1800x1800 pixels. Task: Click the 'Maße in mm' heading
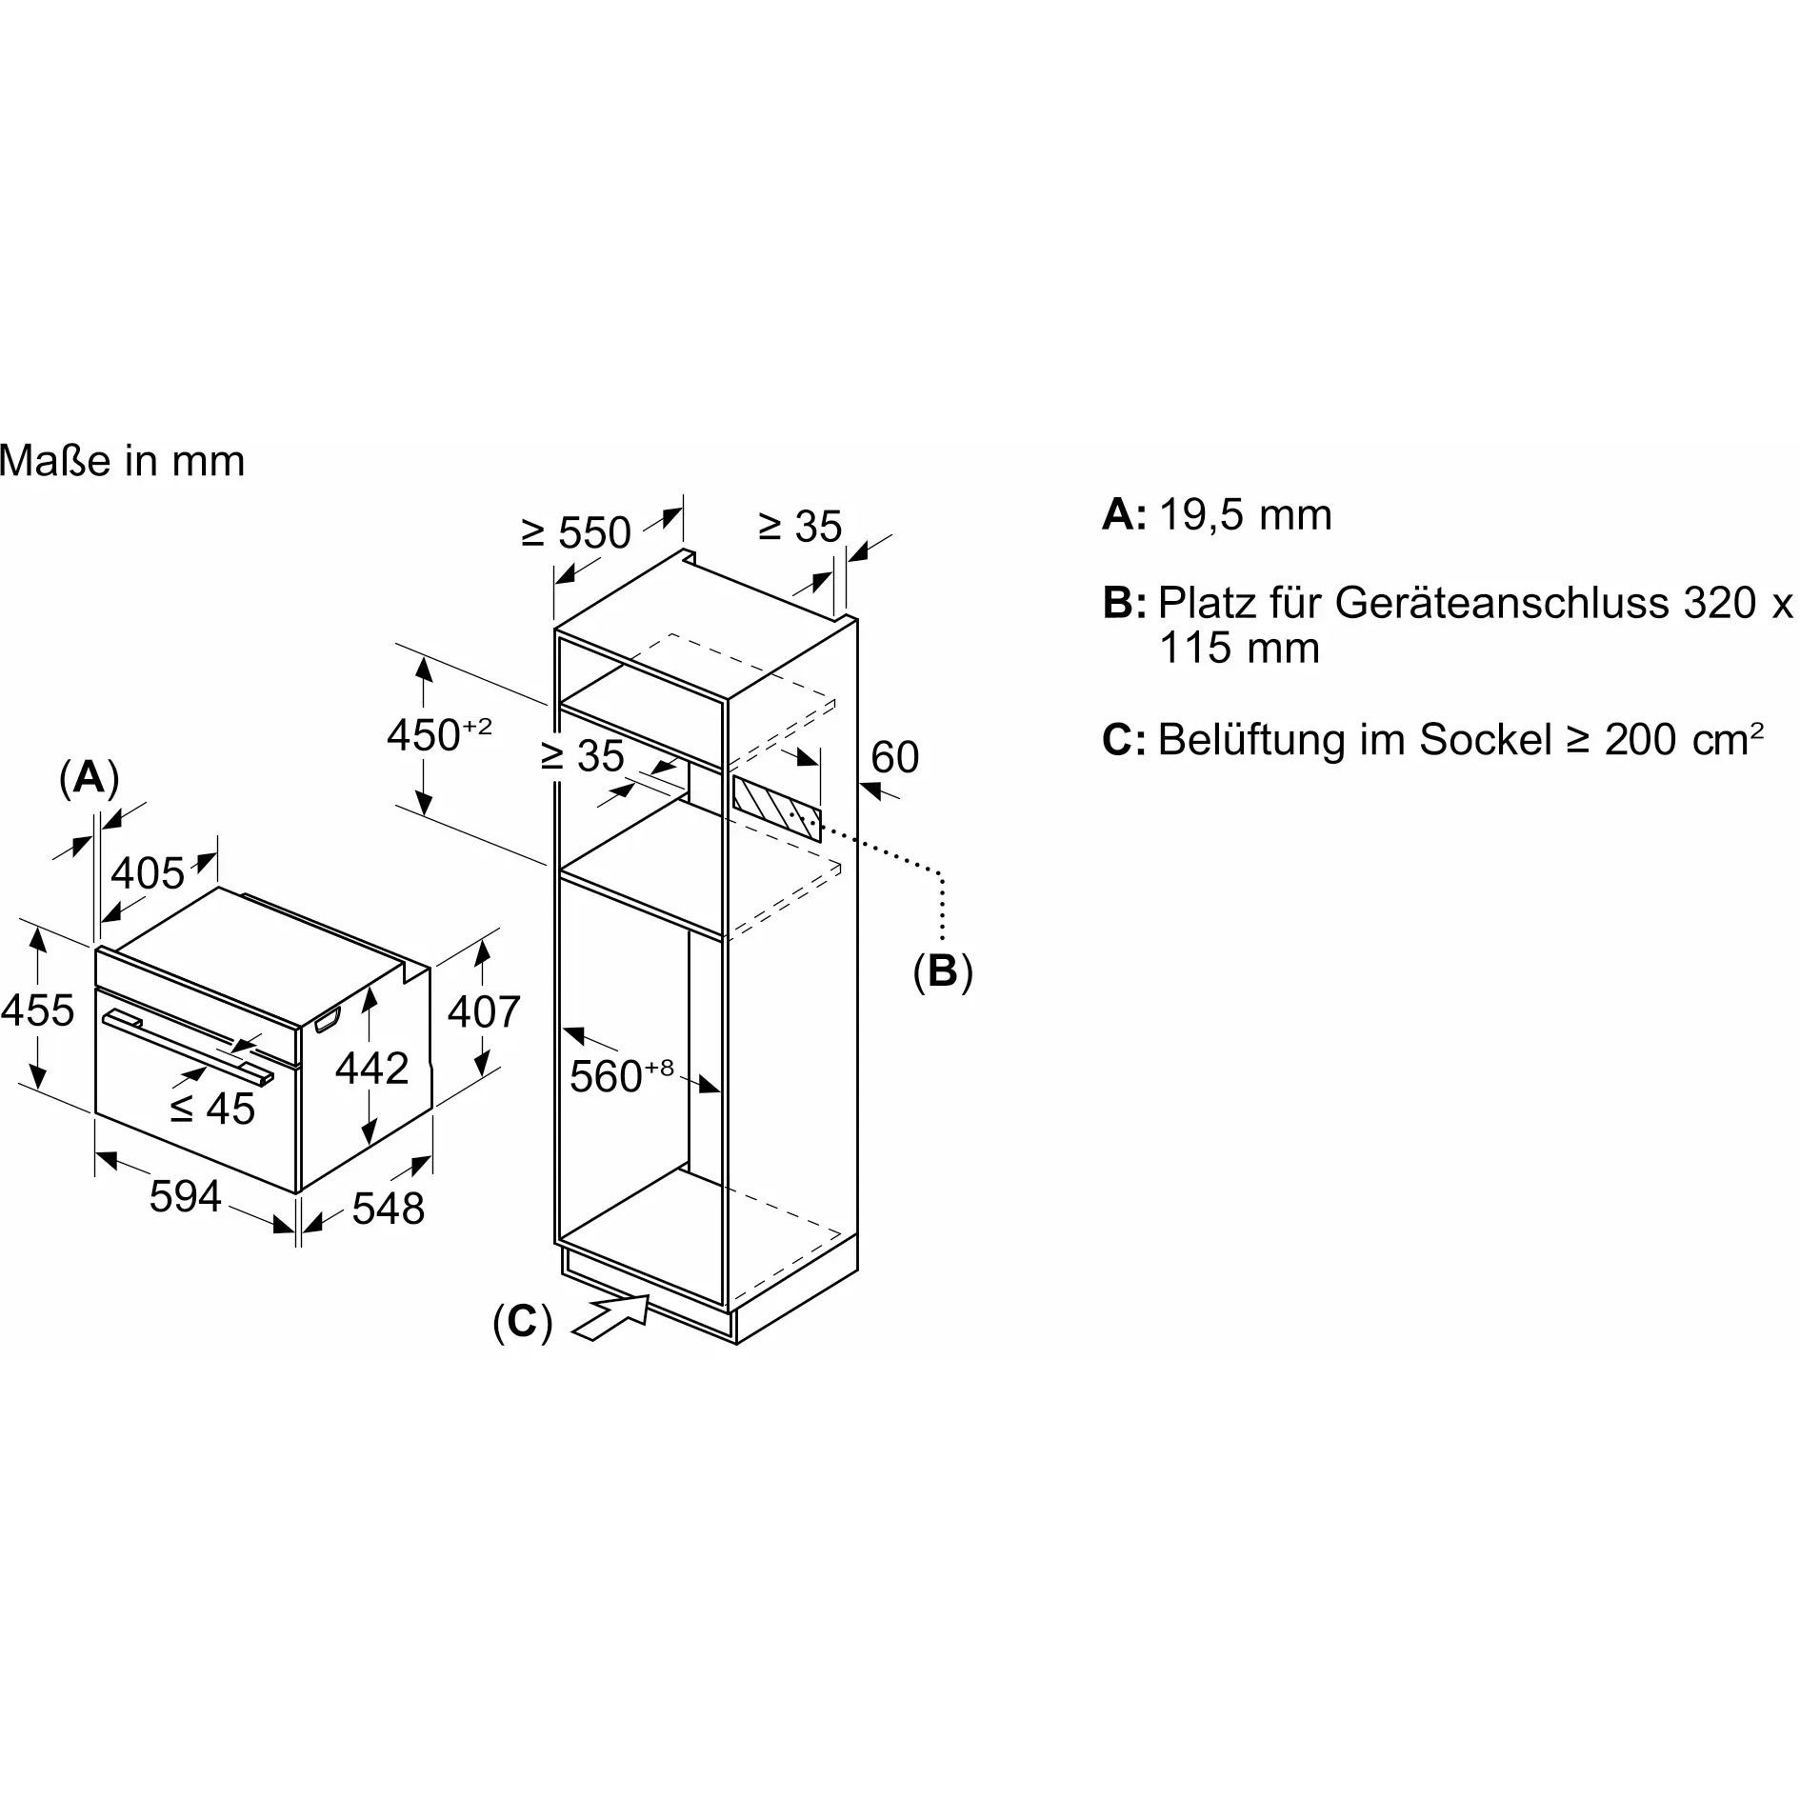pos(123,461)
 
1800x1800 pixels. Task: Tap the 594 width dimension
pos(185,1196)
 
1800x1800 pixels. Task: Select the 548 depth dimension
pos(388,1209)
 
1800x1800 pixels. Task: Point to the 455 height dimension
pos(37,1010)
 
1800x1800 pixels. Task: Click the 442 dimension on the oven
pos(371,1068)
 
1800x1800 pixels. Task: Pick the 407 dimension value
pos(484,1011)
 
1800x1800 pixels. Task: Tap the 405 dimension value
pos(148,872)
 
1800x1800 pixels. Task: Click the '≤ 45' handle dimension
pos(212,1108)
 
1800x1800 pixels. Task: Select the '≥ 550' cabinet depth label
pos(577,532)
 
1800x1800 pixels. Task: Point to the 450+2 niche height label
pos(439,734)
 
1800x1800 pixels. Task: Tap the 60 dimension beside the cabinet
pos(894,757)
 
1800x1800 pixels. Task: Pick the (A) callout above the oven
pos(89,777)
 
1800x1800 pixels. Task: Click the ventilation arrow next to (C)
pos(610,1317)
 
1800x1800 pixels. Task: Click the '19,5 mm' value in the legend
pos(1246,515)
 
